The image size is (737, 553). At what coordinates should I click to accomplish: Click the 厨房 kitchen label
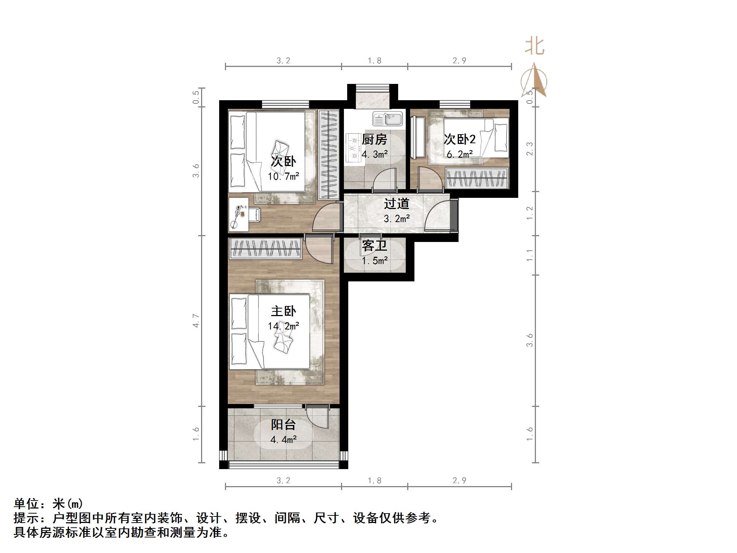point(375,139)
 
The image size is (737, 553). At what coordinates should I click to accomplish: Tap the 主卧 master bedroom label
point(284,311)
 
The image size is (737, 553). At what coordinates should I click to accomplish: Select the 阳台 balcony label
point(284,425)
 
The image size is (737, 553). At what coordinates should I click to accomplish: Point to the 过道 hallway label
point(396,204)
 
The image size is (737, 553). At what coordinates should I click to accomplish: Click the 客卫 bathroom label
point(375,246)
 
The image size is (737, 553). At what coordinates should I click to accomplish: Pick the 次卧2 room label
point(460,139)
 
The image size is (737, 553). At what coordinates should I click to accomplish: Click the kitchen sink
point(388,119)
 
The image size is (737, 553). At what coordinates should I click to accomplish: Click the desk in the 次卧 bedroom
point(238,214)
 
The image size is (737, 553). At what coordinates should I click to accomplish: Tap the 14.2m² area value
point(284,326)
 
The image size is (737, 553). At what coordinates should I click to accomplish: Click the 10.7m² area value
point(284,176)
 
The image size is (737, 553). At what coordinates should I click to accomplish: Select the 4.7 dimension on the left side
point(196,321)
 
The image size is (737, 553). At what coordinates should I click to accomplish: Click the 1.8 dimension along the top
point(375,61)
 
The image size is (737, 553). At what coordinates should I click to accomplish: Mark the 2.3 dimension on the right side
point(529,149)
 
